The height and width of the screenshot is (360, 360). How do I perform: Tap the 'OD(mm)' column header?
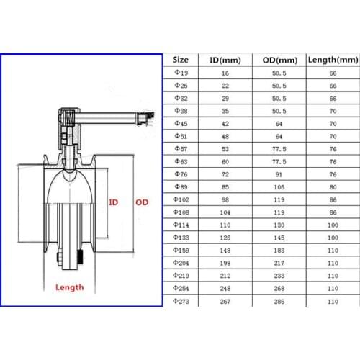[277, 60]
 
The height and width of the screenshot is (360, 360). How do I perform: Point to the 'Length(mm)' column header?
[333, 60]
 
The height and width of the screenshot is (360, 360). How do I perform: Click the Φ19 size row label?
[181, 73]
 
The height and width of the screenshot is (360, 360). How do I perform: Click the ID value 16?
[225, 73]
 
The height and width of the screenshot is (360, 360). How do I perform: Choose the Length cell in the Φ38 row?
[333, 111]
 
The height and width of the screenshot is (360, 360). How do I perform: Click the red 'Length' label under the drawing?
[69, 287]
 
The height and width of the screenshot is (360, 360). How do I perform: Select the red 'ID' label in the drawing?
[113, 202]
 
